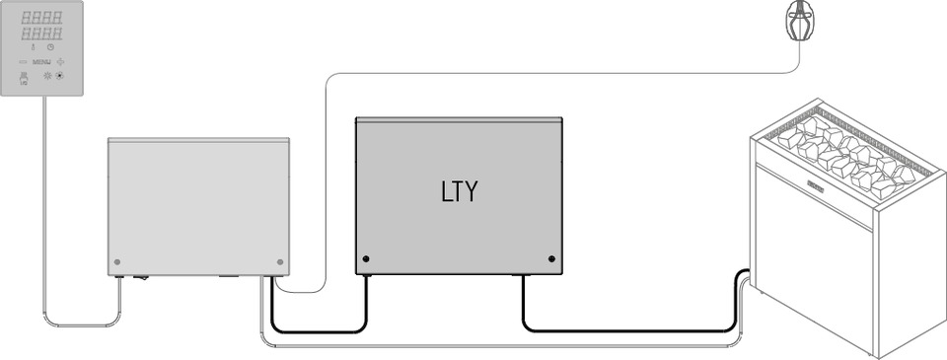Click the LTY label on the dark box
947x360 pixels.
[459, 191]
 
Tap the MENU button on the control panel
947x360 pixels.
[41, 61]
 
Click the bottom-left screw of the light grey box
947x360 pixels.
[117, 263]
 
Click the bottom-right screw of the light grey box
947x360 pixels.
[280, 263]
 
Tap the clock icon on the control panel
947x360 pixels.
[51, 46]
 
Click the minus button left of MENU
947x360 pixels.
[23, 61]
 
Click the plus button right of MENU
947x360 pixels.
[60, 61]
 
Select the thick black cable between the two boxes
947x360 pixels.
[316, 331]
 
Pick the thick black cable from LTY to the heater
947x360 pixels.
[631, 331]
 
